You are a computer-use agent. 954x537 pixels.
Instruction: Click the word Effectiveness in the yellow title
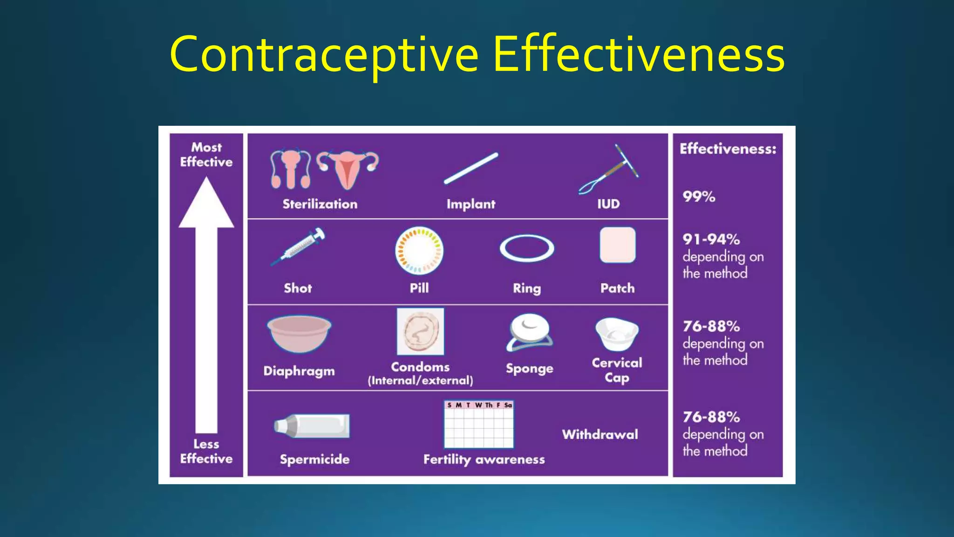(x=639, y=55)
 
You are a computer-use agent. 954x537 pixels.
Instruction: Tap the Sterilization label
(x=320, y=204)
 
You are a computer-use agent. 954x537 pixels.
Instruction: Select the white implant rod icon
(x=471, y=168)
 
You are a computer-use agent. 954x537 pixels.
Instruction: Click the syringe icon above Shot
(x=299, y=247)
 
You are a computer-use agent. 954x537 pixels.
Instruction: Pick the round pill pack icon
(x=419, y=251)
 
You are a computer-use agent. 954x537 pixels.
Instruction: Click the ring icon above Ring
(x=527, y=248)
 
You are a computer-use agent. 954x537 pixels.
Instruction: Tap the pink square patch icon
(x=618, y=245)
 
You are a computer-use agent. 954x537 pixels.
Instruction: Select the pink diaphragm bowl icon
(x=299, y=333)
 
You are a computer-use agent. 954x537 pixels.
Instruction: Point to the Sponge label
(x=530, y=369)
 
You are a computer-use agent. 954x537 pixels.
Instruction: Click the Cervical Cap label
(x=617, y=370)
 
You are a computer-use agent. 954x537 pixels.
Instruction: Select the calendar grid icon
(x=479, y=424)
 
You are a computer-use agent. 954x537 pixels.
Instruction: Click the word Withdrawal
(x=600, y=434)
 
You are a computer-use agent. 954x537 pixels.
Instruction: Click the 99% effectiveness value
(x=699, y=197)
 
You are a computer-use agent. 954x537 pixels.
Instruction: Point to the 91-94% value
(x=711, y=240)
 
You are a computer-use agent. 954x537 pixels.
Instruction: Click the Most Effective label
(x=206, y=155)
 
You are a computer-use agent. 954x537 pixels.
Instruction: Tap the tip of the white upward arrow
(x=206, y=182)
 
